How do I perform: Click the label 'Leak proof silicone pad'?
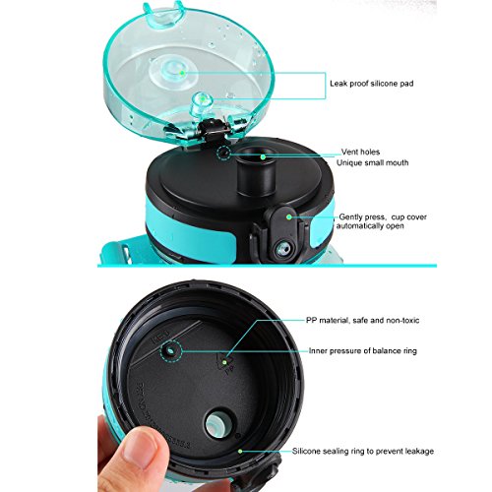[371, 84]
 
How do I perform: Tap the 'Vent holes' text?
[360, 152]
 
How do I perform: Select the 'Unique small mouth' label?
[372, 162]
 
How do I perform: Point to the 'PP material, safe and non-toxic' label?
[362, 320]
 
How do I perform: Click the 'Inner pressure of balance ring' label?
[363, 351]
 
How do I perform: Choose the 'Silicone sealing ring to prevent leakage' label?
[363, 452]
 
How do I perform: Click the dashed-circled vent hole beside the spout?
[224, 153]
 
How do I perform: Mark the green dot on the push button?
[289, 216]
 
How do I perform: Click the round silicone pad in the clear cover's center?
[174, 73]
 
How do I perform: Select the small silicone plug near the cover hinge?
[201, 103]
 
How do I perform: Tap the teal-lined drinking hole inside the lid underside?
[219, 425]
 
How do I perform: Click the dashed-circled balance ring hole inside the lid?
[171, 351]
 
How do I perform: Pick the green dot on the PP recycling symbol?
[224, 362]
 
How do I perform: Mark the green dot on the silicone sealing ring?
[240, 452]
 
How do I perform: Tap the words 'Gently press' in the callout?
[361, 217]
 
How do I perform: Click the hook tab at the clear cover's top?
[164, 15]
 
